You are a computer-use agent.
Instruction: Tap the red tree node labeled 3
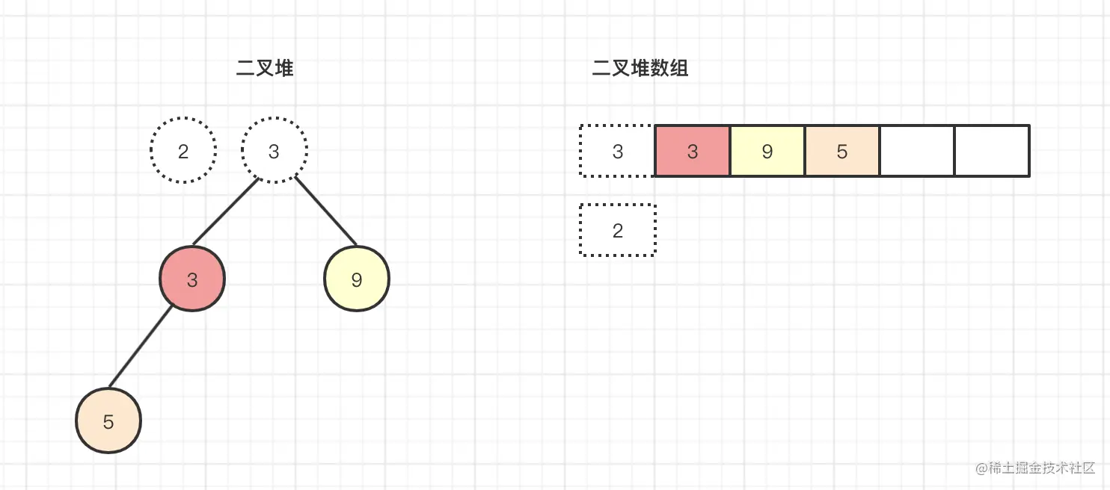(192, 279)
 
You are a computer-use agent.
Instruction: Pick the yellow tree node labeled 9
(357, 279)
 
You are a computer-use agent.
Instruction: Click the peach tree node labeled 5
(108, 421)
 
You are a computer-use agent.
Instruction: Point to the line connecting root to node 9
(325, 211)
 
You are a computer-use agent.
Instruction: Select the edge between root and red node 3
(225, 211)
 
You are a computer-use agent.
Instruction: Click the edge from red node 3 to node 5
(140, 347)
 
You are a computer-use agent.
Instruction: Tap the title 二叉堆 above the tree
(265, 68)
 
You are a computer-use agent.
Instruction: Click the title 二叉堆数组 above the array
(640, 68)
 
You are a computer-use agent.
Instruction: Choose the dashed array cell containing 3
(580, 151)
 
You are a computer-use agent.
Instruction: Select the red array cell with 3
(693, 151)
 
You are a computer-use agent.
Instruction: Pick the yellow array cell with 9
(767, 151)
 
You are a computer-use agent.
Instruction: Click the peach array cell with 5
(842, 151)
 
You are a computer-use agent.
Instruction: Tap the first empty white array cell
(917, 151)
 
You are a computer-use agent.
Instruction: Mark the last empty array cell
(993, 151)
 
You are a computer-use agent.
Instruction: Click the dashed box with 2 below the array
(580, 230)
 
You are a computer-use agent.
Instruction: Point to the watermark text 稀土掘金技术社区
(1041, 468)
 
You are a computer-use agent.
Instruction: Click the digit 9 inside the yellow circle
(357, 280)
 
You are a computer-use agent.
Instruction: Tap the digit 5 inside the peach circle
(108, 422)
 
